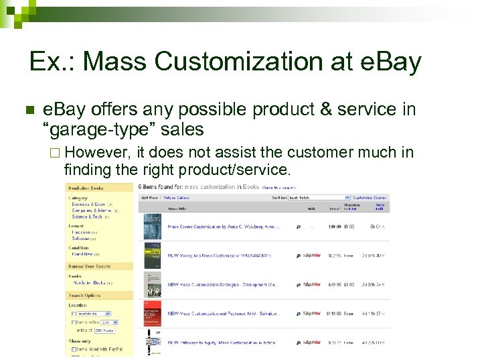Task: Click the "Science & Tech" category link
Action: pyautogui.click(x=87, y=217)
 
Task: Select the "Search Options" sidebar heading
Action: pyautogui.click(x=85, y=295)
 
